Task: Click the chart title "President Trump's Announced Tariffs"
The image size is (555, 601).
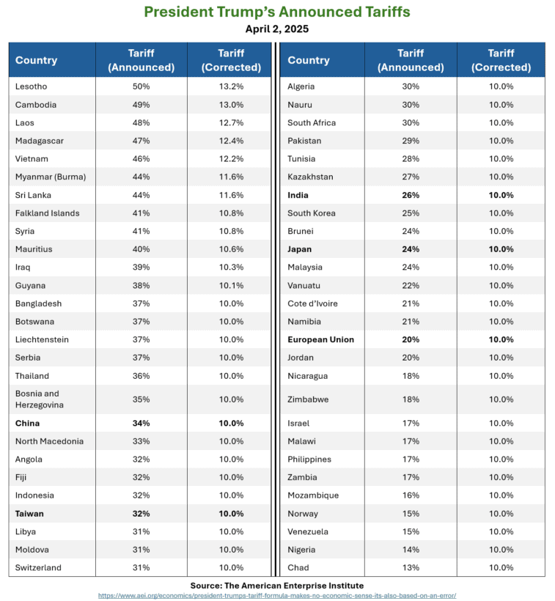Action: pyautogui.click(x=277, y=12)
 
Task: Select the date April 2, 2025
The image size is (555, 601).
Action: pyautogui.click(x=277, y=29)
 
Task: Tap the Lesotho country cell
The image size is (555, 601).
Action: pyautogui.click(x=32, y=86)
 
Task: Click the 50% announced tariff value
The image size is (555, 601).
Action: pyautogui.click(x=141, y=86)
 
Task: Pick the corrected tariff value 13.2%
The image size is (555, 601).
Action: pyautogui.click(x=231, y=86)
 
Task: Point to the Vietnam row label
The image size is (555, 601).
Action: pyautogui.click(x=32, y=158)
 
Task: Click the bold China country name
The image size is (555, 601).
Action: pyautogui.click(x=28, y=423)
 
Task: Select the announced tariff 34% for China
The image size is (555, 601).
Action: pyautogui.click(x=141, y=423)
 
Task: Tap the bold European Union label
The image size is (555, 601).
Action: pyautogui.click(x=320, y=339)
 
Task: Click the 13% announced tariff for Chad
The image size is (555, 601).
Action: pyautogui.click(x=411, y=567)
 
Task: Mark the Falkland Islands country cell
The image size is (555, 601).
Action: pyautogui.click(x=47, y=213)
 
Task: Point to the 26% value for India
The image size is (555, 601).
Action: pyautogui.click(x=411, y=195)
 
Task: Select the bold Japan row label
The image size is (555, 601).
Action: pyautogui.click(x=300, y=249)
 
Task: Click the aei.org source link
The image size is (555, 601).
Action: pyautogui.click(x=277, y=595)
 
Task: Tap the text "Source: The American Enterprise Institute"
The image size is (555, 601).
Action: pyautogui.click(x=277, y=585)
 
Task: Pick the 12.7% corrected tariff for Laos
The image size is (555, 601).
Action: pyautogui.click(x=231, y=122)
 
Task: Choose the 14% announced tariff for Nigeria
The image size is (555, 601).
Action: pyautogui.click(x=411, y=549)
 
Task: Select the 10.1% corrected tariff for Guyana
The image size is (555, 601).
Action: pyautogui.click(x=231, y=285)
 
